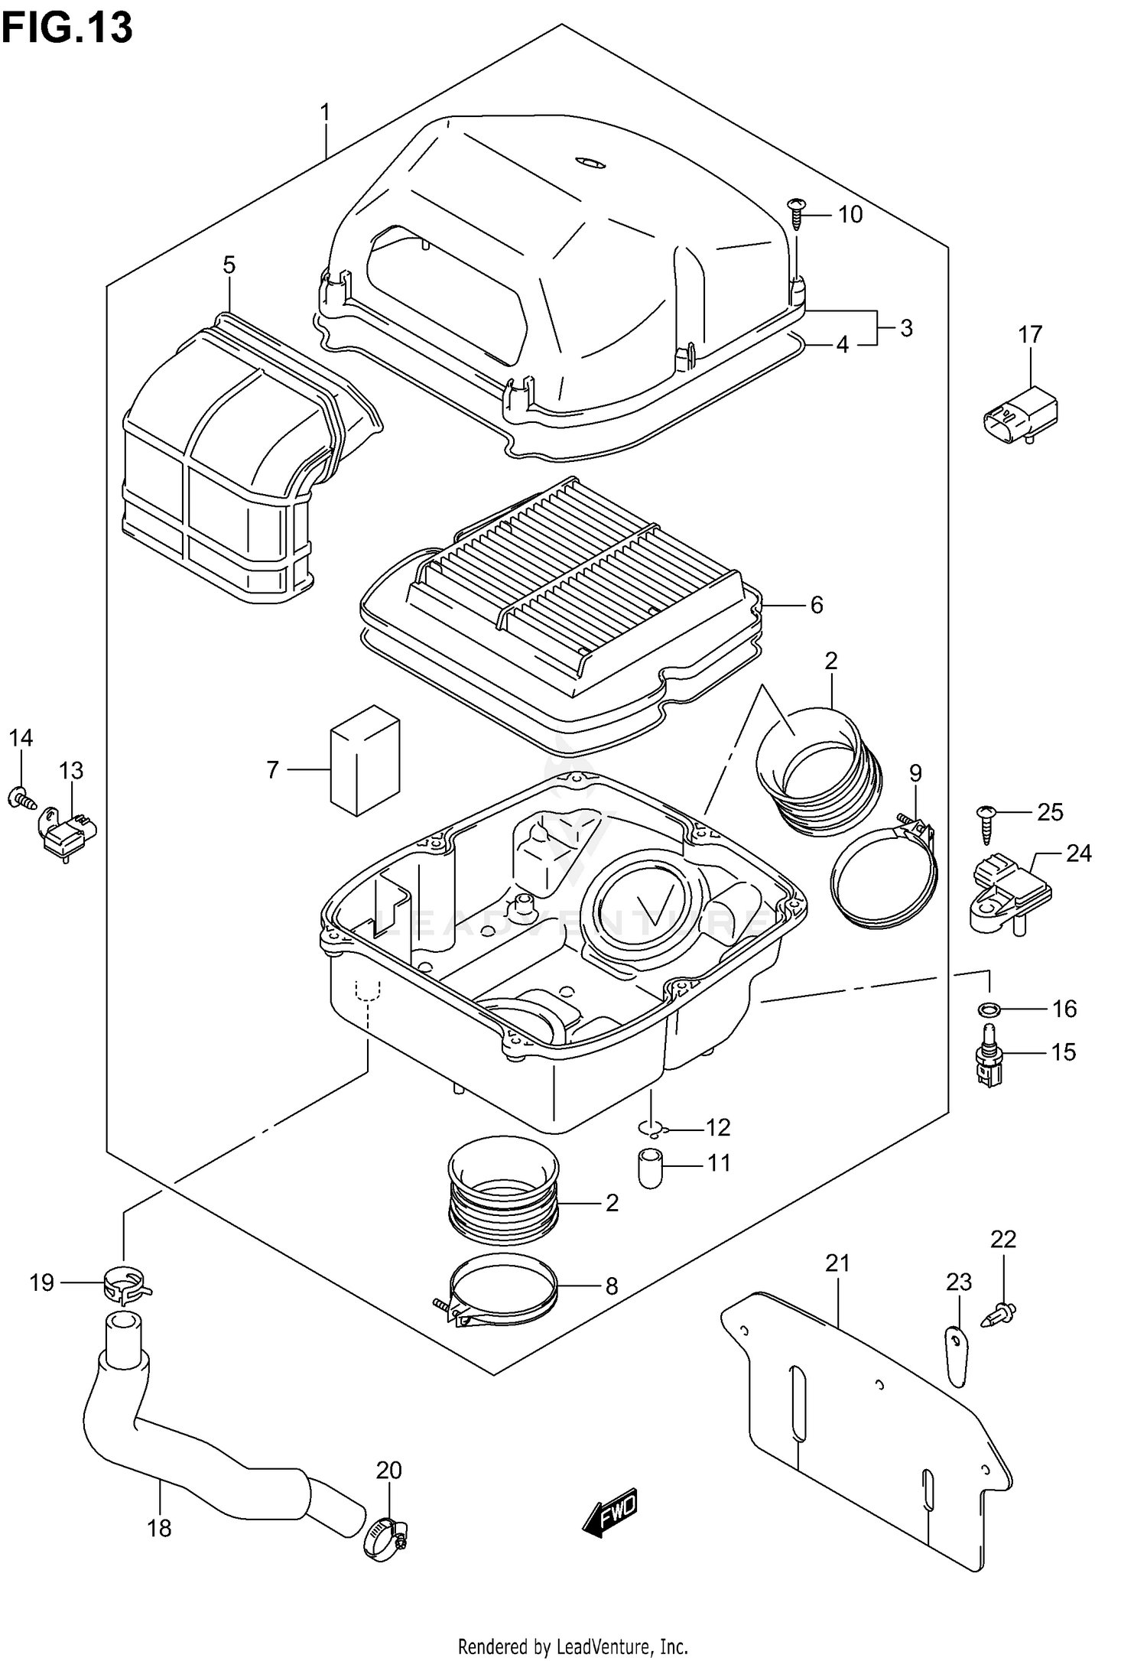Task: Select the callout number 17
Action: tap(1030, 335)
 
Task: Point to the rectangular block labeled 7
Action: tap(365, 760)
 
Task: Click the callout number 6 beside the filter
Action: tap(817, 606)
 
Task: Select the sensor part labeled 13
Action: tap(67, 834)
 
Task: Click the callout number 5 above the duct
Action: tap(229, 265)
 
